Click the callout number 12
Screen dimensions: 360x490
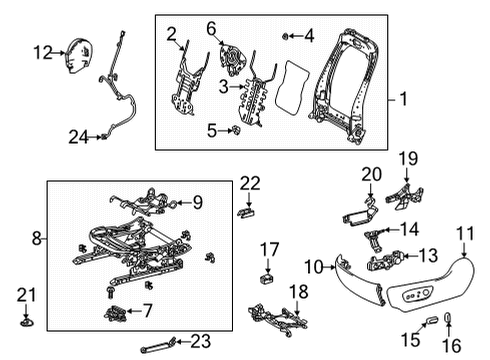coord(41,51)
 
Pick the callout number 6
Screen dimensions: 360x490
coord(211,29)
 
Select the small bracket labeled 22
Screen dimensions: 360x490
coord(247,211)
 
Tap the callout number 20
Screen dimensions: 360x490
coord(371,174)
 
